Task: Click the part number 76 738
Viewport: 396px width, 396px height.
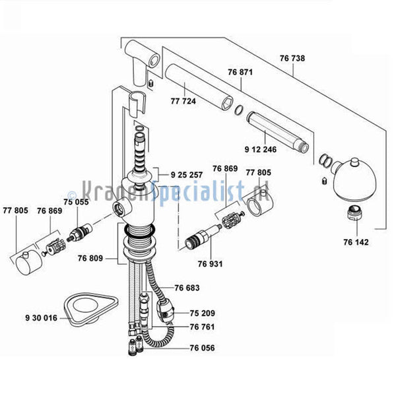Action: pyautogui.click(x=292, y=58)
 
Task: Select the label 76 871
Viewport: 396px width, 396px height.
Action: pyautogui.click(x=240, y=72)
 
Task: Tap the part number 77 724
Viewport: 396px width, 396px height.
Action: pyautogui.click(x=183, y=101)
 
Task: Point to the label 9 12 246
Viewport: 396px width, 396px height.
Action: pyautogui.click(x=261, y=150)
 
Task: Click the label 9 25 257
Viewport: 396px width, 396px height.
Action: pyautogui.click(x=187, y=175)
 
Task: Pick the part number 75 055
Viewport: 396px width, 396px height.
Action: pyautogui.click(x=76, y=202)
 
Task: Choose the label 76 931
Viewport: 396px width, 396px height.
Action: pyautogui.click(x=210, y=264)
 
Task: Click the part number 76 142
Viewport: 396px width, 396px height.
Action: pyautogui.click(x=356, y=242)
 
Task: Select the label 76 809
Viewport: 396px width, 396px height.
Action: pyautogui.click(x=90, y=258)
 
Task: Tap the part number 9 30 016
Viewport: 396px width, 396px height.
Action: pyautogui.click(x=42, y=318)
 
